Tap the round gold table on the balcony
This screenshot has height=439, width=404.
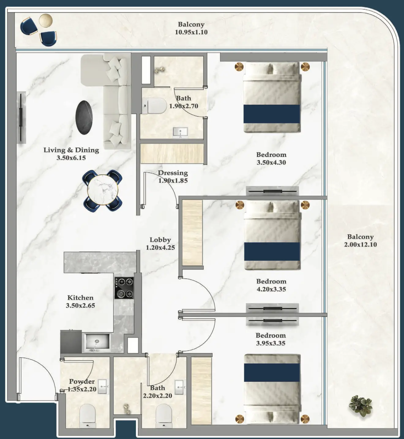[x=46, y=21]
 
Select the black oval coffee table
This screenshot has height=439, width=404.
[x=84, y=118]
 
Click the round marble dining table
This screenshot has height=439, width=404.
[x=103, y=190]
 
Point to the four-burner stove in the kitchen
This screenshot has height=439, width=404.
[x=124, y=288]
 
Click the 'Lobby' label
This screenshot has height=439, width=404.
[x=160, y=240]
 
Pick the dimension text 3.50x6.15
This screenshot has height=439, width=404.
[x=71, y=158]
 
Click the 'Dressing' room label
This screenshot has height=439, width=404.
[x=173, y=173]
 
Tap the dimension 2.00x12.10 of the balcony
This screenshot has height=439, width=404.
[x=360, y=245]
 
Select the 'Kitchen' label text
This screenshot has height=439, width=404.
[x=80, y=298]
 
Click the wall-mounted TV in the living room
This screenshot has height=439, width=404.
[x=21, y=117]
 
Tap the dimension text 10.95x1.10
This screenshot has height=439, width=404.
[x=191, y=32]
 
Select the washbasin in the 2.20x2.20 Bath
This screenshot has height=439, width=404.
[x=179, y=387]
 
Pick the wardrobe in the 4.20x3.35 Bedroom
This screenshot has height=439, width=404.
[x=193, y=233]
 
